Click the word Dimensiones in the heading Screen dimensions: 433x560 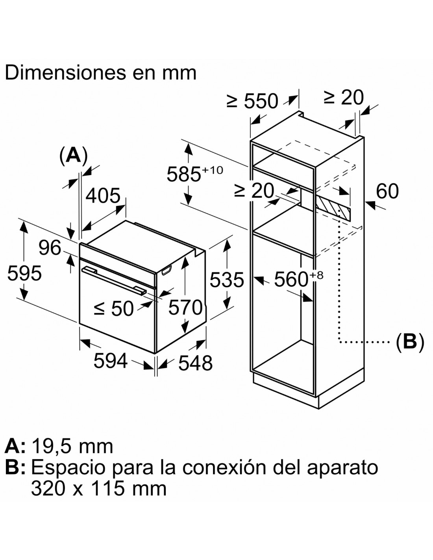(65, 73)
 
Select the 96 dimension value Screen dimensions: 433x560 (50, 248)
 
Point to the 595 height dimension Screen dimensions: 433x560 (24, 273)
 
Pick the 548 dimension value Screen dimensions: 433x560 (196, 363)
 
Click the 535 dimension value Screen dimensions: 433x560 (227, 280)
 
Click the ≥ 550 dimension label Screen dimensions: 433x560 (252, 101)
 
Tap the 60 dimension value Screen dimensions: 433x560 (387, 191)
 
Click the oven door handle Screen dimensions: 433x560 (114, 280)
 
